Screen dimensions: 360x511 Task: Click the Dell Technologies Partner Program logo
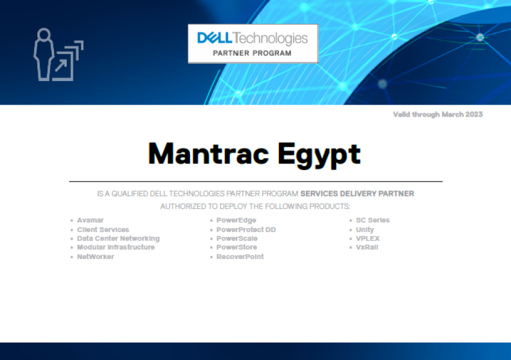(252, 44)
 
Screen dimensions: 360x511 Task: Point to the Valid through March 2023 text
(438, 114)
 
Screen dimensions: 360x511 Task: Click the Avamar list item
(90, 221)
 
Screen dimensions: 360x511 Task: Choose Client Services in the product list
(103, 230)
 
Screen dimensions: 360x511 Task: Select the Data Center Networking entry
(118, 239)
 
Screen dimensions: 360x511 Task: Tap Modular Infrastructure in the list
(115, 247)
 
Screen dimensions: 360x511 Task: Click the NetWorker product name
(95, 257)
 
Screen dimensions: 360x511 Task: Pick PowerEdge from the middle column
(236, 221)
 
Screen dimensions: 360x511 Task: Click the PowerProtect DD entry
(246, 230)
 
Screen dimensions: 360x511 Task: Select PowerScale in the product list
(237, 239)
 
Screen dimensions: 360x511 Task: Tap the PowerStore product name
(236, 247)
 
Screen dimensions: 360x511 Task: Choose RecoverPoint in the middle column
(240, 257)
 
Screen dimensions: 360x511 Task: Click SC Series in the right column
(373, 221)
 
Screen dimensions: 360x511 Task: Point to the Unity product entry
(365, 230)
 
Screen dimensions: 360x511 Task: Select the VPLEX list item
(368, 239)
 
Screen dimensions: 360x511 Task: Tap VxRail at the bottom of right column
(367, 247)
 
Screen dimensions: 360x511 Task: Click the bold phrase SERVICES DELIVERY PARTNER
(357, 194)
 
